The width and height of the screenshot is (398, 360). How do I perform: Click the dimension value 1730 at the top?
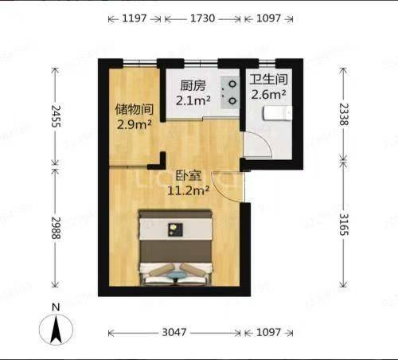[203, 18]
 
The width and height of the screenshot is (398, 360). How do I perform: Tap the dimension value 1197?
[135, 18]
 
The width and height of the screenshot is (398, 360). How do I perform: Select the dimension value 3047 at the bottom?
[174, 332]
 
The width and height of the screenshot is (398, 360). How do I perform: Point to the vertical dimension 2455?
[56, 116]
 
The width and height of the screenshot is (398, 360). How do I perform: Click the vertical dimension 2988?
[56, 228]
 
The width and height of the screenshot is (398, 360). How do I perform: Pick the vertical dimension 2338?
[344, 114]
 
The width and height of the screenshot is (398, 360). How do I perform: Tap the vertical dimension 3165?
[344, 225]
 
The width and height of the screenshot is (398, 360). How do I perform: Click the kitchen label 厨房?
[193, 85]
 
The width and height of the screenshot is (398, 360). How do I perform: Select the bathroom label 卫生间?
[268, 80]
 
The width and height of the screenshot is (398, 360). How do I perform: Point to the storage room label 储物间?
[135, 109]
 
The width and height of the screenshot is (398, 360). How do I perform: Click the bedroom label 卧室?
[189, 175]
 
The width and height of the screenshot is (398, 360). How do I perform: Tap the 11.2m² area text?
[189, 190]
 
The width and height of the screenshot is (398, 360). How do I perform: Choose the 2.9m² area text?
[135, 124]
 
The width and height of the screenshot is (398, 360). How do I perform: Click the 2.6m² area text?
[268, 95]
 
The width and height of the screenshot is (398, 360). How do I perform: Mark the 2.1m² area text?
[193, 100]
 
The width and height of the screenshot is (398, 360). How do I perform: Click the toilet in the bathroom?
[278, 113]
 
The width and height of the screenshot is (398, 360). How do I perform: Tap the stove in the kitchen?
[230, 92]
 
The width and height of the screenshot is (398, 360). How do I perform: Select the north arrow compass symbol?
[56, 329]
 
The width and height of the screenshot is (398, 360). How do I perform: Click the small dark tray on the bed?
[176, 229]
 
